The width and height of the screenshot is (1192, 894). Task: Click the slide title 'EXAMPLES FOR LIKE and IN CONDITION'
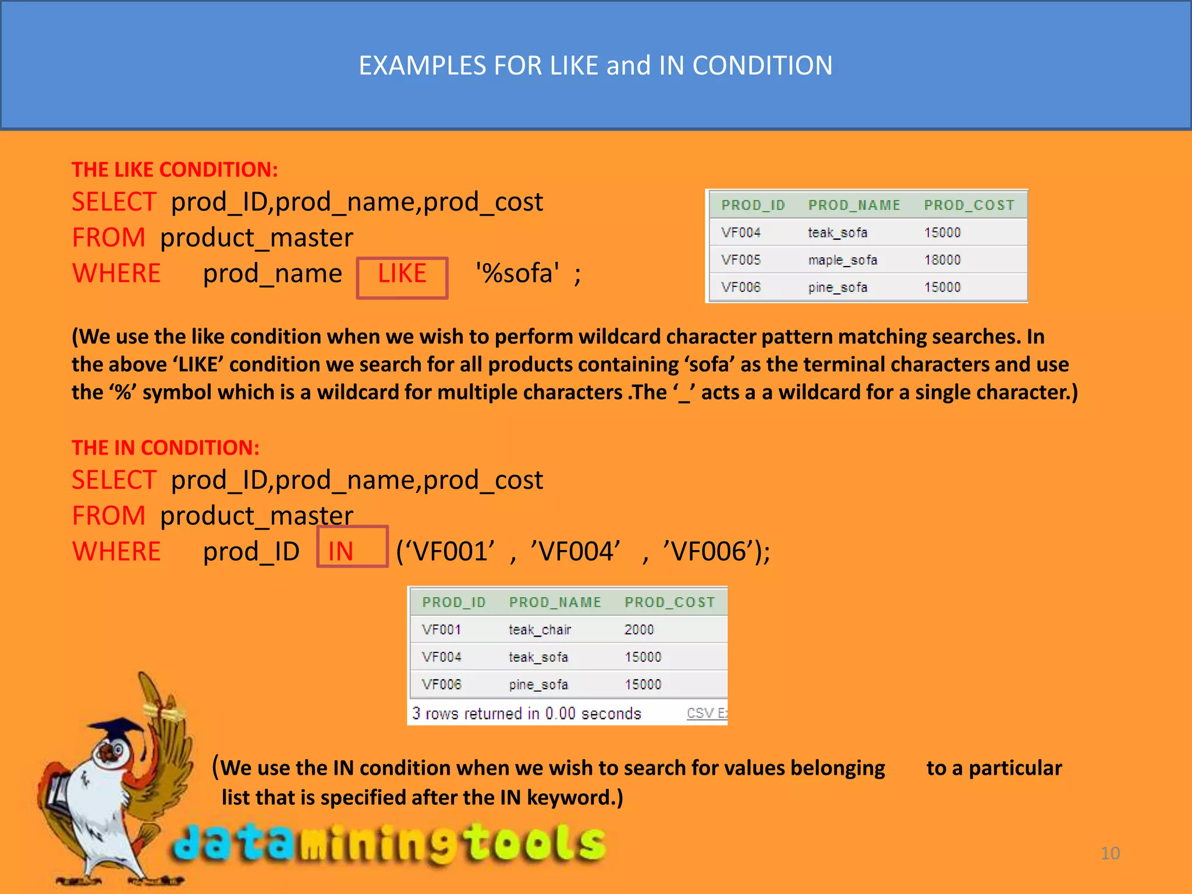pos(595,65)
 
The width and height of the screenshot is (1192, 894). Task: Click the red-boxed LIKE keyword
pos(402,274)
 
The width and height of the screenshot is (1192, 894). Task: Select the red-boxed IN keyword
pos(341,551)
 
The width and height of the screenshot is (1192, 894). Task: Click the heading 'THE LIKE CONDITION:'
pos(175,169)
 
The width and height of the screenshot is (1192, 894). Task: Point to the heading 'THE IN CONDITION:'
pos(165,448)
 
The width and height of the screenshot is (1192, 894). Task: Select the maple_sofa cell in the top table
pos(842,260)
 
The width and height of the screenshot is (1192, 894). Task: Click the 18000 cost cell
pos(942,260)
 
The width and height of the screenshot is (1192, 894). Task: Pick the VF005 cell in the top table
pos(741,260)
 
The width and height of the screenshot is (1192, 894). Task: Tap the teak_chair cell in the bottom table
pos(540,630)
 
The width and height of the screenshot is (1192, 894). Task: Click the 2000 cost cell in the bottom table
pos(639,630)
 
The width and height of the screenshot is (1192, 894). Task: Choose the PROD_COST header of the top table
pos(969,205)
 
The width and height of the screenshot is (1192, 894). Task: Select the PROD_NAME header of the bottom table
pos(555,602)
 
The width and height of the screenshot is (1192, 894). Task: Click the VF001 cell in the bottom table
pos(442,630)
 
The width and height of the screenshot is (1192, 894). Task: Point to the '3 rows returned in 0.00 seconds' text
pos(527,714)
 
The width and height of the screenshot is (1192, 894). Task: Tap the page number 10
pos(1110,853)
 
